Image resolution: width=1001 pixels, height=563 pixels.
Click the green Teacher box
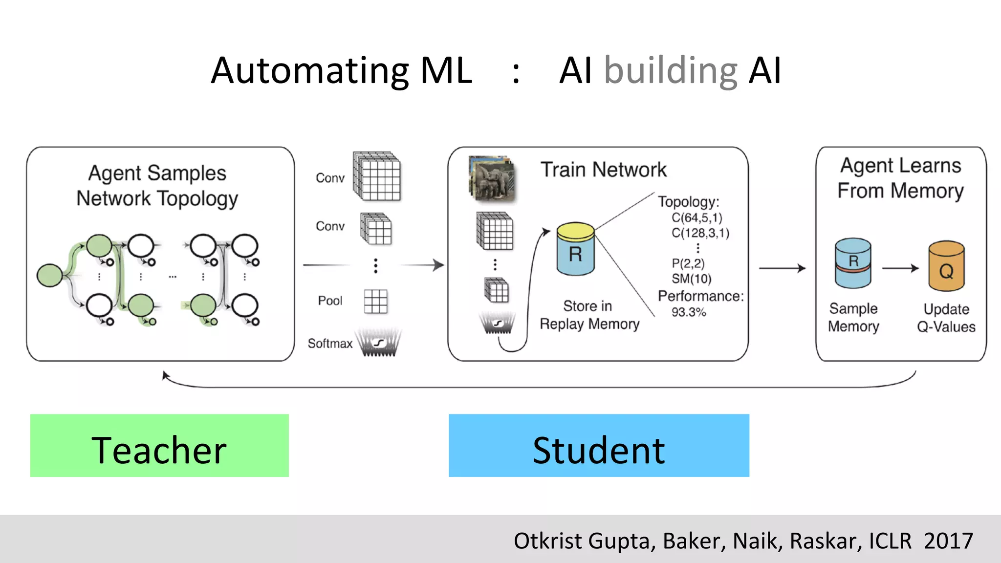159,445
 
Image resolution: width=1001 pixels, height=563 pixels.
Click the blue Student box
599,445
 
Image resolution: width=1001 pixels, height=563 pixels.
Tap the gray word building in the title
671,71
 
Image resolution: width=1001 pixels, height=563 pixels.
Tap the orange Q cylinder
946,266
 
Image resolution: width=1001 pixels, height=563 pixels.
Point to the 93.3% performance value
688,312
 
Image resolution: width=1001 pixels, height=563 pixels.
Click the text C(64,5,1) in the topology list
696,217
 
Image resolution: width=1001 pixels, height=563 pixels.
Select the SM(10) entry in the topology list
691,279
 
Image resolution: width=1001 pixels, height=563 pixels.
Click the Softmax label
330,344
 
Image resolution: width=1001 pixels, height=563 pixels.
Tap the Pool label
330,301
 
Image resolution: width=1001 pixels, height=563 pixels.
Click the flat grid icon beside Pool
375,301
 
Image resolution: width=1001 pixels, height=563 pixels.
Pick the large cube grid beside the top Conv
377,176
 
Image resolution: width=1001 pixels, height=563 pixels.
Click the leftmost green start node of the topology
50,275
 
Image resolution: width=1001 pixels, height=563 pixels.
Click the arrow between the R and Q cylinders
900,268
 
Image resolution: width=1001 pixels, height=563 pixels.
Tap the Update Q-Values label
946,318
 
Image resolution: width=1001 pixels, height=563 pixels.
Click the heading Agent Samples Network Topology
157,186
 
